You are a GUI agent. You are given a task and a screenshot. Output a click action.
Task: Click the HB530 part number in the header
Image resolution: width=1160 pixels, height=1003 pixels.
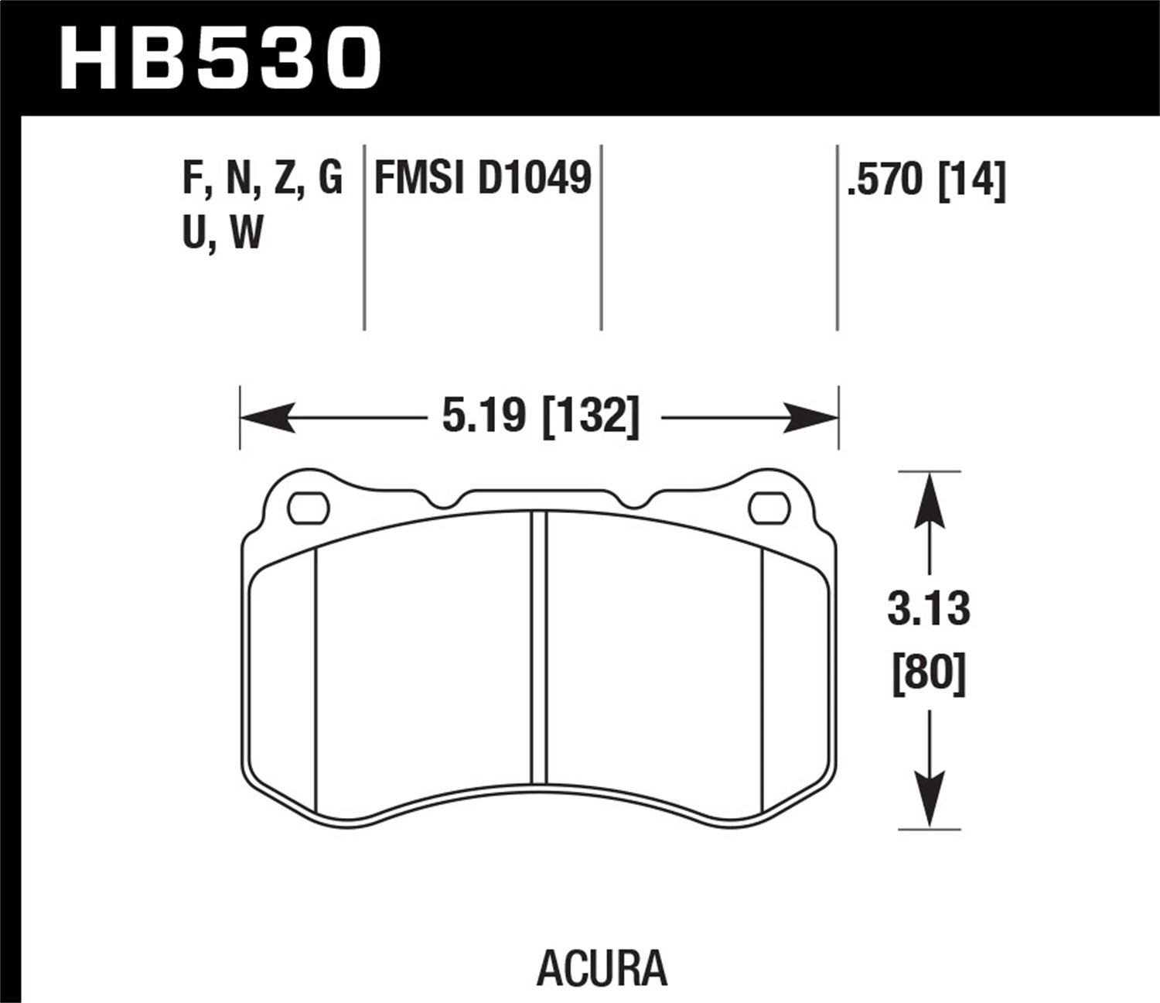click(x=220, y=56)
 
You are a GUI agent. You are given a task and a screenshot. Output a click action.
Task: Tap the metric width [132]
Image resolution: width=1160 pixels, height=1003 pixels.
click(x=591, y=419)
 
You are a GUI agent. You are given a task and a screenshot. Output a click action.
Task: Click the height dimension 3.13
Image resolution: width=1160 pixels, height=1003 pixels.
click(x=928, y=610)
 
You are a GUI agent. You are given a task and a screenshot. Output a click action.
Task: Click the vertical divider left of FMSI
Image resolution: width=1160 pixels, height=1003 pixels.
click(x=364, y=236)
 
